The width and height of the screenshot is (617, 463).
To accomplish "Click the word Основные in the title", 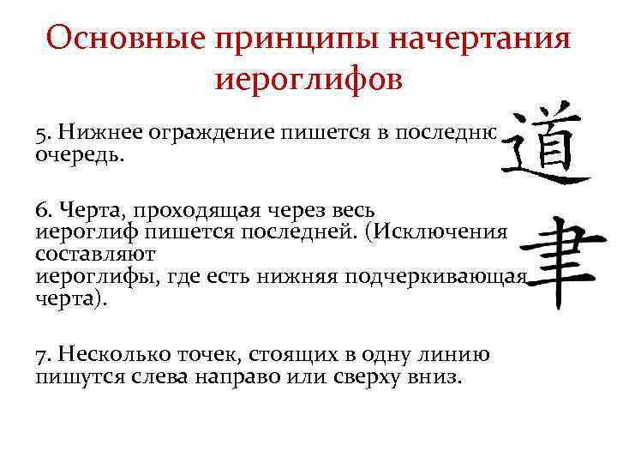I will point(117,39).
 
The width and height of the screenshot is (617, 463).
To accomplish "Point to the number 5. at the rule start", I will point(44,132).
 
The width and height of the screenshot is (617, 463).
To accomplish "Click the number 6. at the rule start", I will point(44,209).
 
